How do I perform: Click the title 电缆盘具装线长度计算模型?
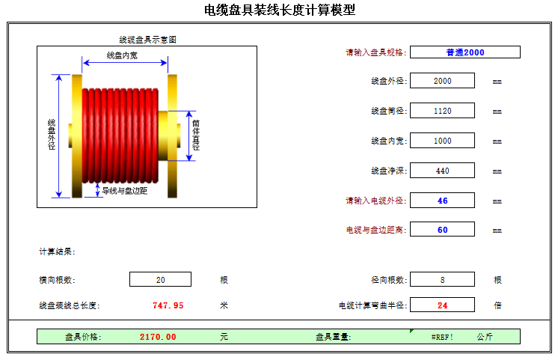coord(280,10)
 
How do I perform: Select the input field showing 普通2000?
coord(465,52)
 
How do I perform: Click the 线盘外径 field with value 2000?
coord(442,81)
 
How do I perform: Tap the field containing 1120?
coord(442,110)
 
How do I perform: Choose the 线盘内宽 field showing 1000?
coord(442,140)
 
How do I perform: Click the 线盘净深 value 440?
coord(442,170)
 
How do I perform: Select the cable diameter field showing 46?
coord(442,200)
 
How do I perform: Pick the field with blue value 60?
coord(442,229)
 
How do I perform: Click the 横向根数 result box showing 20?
coord(160,279)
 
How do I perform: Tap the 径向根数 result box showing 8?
coord(442,279)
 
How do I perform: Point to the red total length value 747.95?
coord(168,305)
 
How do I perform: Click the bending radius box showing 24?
coord(442,305)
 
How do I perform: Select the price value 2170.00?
coord(158,337)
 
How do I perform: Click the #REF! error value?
coord(442,337)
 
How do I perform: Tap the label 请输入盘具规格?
coord(375,52)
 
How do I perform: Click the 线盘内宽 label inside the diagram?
coord(122,55)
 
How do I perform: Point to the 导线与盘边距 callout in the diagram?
coord(125,191)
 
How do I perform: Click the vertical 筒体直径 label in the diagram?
coord(196,135)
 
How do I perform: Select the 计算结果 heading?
coord(57,251)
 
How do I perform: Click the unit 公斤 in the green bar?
coord(485,337)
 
